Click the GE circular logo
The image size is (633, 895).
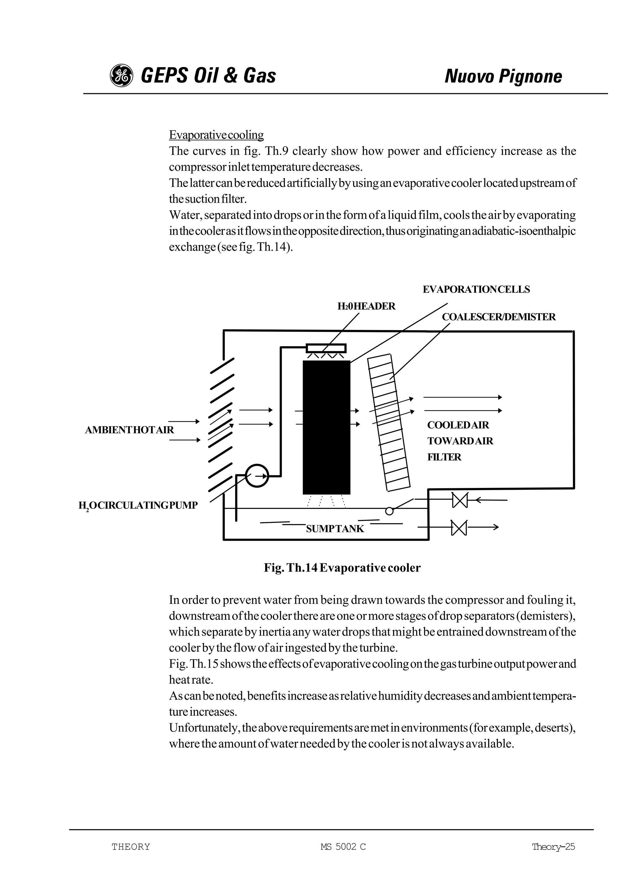[121, 76]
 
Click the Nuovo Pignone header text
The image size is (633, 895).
[503, 76]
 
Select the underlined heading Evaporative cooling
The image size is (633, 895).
[216, 135]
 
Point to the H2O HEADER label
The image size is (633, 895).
[366, 306]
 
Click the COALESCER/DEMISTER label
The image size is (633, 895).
[499, 317]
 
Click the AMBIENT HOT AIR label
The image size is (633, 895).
[129, 430]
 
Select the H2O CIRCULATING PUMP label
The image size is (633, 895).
[138, 506]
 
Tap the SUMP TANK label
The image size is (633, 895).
[335, 529]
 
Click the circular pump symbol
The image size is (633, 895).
[257, 476]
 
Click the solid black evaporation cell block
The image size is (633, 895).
[326, 427]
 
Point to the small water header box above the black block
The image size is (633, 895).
[326, 348]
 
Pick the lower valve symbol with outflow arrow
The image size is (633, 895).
[459, 528]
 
